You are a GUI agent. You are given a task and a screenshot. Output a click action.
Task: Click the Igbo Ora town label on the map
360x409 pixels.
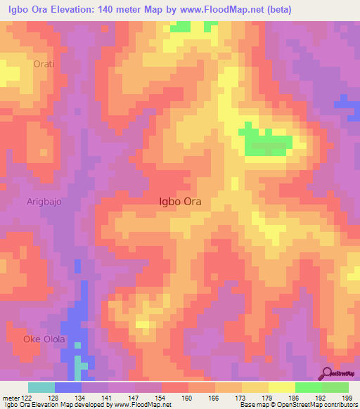pyautogui.click(x=181, y=201)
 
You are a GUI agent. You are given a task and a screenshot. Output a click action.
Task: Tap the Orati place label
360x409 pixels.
pyautogui.click(x=44, y=64)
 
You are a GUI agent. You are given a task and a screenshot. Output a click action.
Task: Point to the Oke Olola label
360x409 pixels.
pyautogui.click(x=44, y=339)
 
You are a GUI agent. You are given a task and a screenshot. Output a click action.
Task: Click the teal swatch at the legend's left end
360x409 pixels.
pyautogui.click(x=41, y=387)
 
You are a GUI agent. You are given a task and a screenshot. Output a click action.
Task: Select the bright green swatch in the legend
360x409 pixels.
pyautogui.click(x=309, y=387)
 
